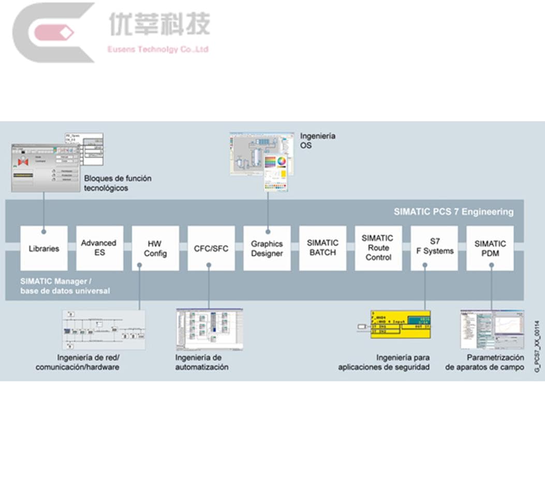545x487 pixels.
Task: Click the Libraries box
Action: tap(43, 248)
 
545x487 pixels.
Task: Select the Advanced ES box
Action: tap(99, 248)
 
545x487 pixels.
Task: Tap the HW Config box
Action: tap(155, 248)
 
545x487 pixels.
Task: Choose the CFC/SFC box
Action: tap(211, 248)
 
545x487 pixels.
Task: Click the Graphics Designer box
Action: tap(267, 248)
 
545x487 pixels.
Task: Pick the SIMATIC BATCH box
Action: tap(322, 248)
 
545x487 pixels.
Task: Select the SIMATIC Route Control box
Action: tap(378, 248)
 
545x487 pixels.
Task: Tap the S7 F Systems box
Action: tap(434, 248)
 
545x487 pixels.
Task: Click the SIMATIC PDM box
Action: tap(490, 248)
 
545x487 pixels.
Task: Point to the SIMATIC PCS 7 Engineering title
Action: tap(453, 211)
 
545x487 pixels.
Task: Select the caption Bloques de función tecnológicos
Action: tap(117, 183)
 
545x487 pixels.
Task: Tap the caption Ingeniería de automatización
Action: tap(201, 362)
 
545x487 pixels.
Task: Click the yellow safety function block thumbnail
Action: tap(400, 324)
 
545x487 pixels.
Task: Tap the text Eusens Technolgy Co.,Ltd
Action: tap(158, 50)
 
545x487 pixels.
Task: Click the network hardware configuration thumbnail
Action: tap(104, 330)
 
